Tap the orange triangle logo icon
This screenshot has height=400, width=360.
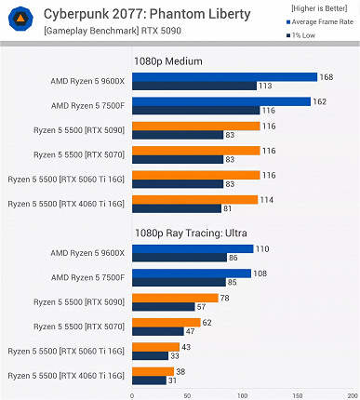(19, 20)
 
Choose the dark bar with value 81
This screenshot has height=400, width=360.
(177, 207)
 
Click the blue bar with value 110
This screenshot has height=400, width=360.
(192, 249)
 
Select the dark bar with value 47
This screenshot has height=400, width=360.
(158, 331)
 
